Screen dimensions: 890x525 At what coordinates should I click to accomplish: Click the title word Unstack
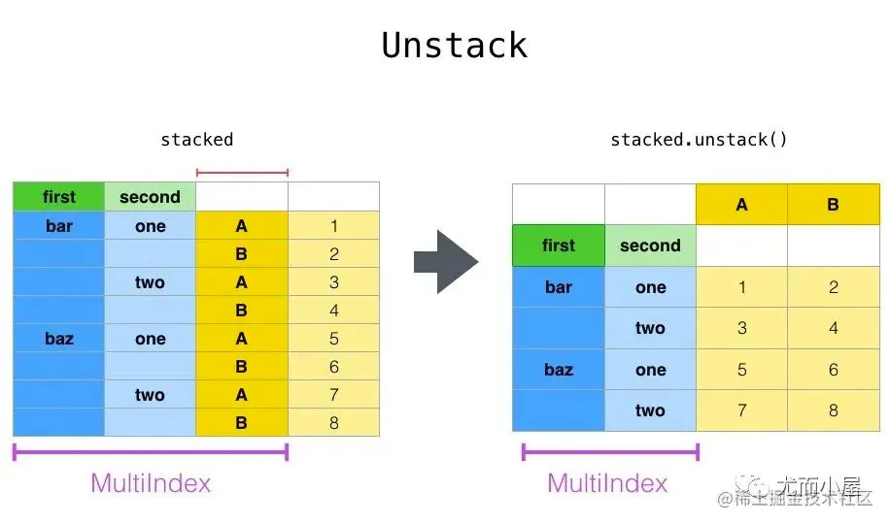coord(454,46)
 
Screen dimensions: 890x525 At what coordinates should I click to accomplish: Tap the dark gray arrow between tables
coord(446,262)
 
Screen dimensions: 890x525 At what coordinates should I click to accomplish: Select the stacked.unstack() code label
coord(699,140)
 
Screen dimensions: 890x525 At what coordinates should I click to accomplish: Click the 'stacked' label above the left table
coord(197,140)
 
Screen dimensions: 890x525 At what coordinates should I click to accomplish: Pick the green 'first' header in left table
coord(59,197)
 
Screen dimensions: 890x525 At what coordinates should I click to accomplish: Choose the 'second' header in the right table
coord(650,246)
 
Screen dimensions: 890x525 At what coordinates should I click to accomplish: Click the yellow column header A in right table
coord(742,204)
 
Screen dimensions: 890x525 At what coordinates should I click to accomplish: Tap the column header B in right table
coord(834,204)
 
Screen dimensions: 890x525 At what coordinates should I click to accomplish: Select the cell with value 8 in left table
coord(334,422)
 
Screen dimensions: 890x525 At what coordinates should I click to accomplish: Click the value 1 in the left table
coord(334,226)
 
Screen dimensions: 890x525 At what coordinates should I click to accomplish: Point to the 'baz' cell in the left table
coord(59,339)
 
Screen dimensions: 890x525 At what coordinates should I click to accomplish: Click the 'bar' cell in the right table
coord(559,287)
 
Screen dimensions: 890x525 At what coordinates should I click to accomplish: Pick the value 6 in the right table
coord(834,370)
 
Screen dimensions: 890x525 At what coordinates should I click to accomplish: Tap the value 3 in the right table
coord(742,328)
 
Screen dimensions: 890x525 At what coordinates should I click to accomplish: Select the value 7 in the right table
coord(742,410)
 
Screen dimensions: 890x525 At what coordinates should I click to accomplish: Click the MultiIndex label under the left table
coord(151,483)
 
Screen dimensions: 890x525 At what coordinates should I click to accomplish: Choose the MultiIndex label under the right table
coord(607,483)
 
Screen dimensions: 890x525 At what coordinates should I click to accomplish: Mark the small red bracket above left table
coord(242,173)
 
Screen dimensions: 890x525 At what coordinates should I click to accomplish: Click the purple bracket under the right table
coord(610,452)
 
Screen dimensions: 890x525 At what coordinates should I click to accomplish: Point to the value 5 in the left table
coord(334,339)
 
